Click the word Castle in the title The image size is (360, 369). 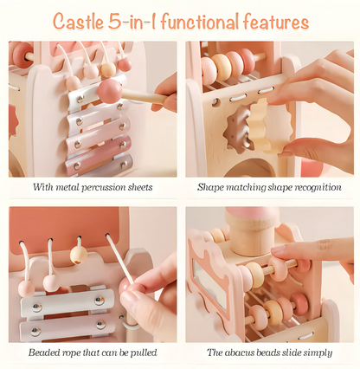pos(78,22)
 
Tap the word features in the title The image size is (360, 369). pos(276,22)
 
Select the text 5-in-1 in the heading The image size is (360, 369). pos(132,22)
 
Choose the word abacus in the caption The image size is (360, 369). pos(239,353)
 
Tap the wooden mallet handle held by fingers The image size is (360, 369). pos(145,96)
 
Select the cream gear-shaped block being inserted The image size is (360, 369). pos(266,126)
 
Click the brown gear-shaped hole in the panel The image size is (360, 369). pos(237,129)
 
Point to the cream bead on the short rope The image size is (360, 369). pos(79,255)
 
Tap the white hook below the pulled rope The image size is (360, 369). pos(131,322)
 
